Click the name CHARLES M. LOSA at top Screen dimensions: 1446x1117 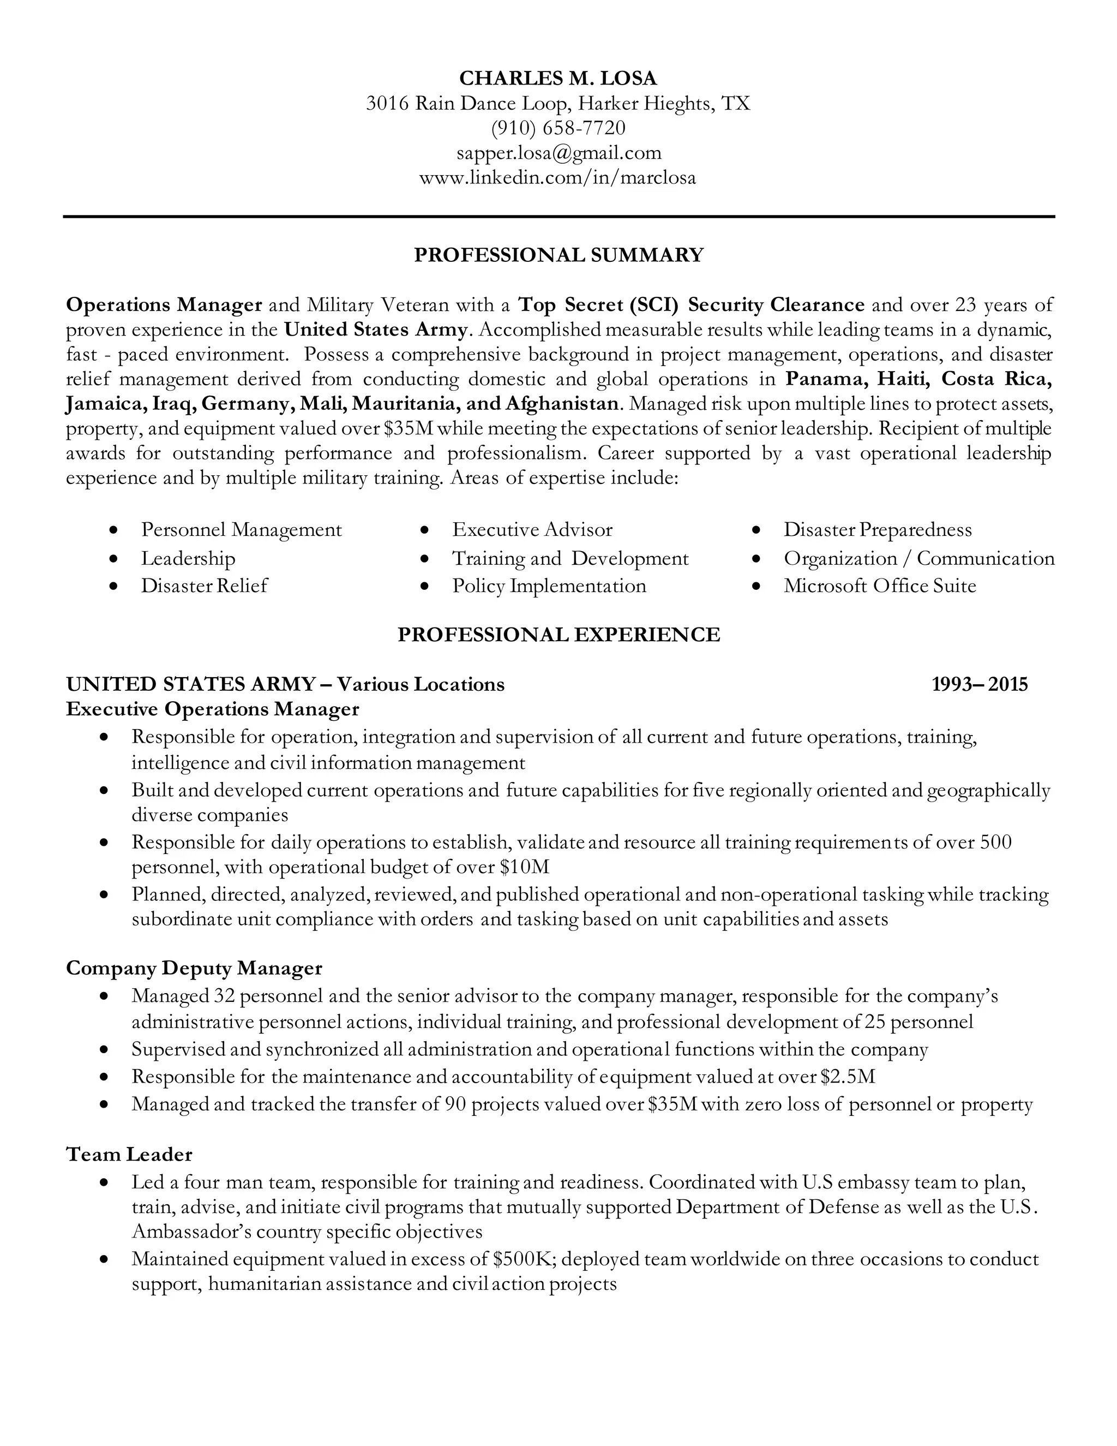click(x=558, y=78)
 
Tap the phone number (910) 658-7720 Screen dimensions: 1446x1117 click(x=558, y=128)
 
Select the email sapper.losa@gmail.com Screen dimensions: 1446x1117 click(x=558, y=153)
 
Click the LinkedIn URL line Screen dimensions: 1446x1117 click(x=558, y=177)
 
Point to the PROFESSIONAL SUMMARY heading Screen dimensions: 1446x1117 click(x=558, y=255)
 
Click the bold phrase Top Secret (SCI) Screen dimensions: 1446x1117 click(x=598, y=304)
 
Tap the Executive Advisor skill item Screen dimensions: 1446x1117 click(x=532, y=530)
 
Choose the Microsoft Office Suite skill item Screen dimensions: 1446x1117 click(x=879, y=586)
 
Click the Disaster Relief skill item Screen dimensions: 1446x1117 click(x=204, y=586)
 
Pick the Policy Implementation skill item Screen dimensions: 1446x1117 click(x=549, y=586)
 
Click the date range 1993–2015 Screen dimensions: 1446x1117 click(x=980, y=684)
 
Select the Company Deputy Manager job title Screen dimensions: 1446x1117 click(x=194, y=968)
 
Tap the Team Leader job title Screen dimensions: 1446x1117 click(x=129, y=1154)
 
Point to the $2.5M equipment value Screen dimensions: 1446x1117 click(x=848, y=1077)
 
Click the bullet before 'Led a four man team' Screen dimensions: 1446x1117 click(x=104, y=1182)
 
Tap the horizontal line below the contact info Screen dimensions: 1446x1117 click(x=558, y=216)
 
